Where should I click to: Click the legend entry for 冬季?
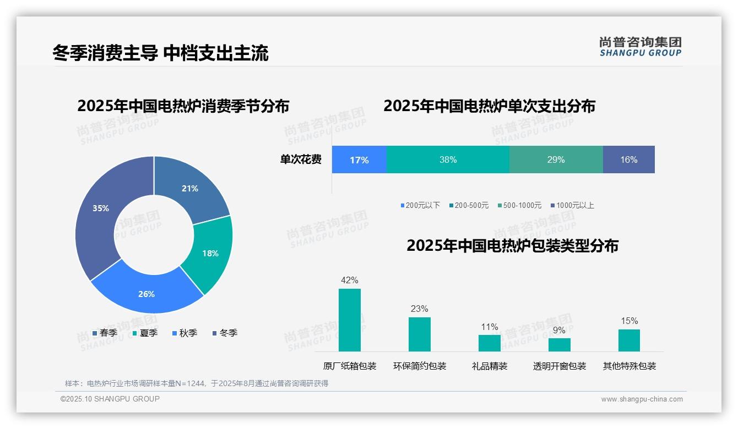[x=225, y=333]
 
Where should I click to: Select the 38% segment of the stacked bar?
[x=448, y=159]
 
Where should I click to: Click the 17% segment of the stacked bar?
[x=359, y=159]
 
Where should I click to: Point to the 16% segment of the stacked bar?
[x=628, y=159]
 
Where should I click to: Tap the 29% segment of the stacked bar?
[x=556, y=159]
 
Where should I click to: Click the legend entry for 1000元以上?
[x=572, y=205]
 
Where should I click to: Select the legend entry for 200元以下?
[x=420, y=205]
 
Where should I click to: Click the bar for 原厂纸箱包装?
[x=350, y=320]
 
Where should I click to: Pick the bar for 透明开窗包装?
[x=559, y=345]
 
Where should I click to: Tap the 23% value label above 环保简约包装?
[x=419, y=309]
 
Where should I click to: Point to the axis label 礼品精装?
[x=490, y=366]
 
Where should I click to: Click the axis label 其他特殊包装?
[x=630, y=366]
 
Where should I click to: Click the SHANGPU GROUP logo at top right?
[x=640, y=47]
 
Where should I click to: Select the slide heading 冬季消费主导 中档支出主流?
[x=160, y=53]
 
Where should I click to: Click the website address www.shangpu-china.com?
[x=642, y=399]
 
